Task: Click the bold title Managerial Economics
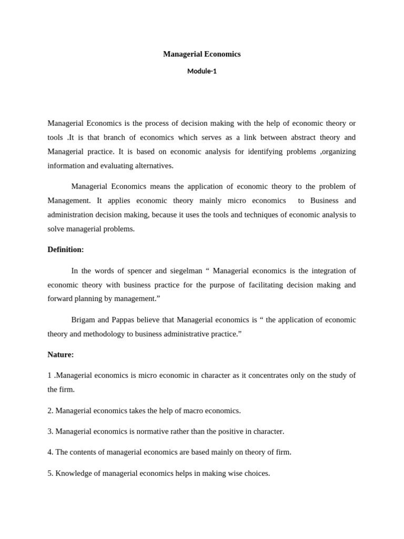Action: pyautogui.click(x=201, y=54)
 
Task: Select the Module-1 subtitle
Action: pyautogui.click(x=201, y=72)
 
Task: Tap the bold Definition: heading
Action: pyautogui.click(x=66, y=249)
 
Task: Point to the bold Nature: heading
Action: pyautogui.click(x=60, y=355)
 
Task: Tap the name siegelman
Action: pyautogui.click(x=183, y=271)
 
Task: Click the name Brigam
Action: pyautogui.click(x=83, y=320)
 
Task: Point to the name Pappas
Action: pyautogui.click(x=124, y=320)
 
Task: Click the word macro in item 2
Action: pyautogui.click(x=187, y=411)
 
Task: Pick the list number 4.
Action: pyautogui.click(x=50, y=452)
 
